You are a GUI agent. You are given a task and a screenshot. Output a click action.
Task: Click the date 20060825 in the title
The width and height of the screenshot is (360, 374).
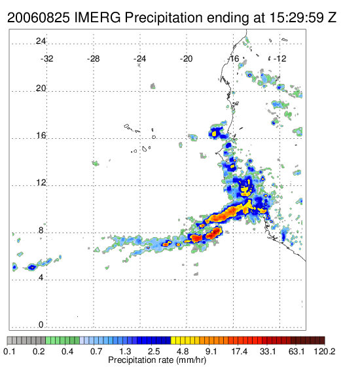click(x=39, y=18)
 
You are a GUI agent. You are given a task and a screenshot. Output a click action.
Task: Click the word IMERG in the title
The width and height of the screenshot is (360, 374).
click(x=98, y=18)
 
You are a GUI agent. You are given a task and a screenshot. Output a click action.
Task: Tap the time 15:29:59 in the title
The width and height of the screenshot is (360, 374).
click(x=297, y=18)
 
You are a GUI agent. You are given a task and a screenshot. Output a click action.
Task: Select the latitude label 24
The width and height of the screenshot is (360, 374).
click(x=41, y=41)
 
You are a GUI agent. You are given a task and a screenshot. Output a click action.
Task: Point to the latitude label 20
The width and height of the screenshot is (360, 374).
click(x=41, y=88)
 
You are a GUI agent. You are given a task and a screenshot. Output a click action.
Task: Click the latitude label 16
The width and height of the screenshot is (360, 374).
click(x=41, y=136)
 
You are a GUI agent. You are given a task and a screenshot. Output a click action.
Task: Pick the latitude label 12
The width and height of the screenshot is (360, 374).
click(x=41, y=183)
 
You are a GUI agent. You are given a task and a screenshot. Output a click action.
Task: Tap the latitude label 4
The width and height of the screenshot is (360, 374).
click(x=41, y=278)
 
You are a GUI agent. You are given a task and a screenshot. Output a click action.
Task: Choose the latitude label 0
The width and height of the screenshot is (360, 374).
click(x=41, y=325)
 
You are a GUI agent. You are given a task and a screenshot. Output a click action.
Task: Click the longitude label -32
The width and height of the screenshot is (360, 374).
click(x=46, y=59)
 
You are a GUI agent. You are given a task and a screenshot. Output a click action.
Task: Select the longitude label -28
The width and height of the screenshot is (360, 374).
click(x=93, y=59)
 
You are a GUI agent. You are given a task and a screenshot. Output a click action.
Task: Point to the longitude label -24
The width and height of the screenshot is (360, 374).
click(x=139, y=59)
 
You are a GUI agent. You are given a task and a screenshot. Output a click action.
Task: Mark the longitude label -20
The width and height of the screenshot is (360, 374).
click(x=186, y=59)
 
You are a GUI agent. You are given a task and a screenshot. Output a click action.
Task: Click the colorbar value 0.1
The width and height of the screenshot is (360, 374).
click(x=10, y=351)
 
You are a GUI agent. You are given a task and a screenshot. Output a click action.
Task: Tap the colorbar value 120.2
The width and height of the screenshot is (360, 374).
click(x=325, y=351)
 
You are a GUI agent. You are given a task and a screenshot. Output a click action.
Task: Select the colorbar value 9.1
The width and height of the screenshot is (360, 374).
click(x=211, y=351)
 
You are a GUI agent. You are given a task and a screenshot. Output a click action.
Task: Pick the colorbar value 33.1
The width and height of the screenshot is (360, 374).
click(x=268, y=351)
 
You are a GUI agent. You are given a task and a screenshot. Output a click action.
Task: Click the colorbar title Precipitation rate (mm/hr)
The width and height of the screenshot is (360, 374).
click(x=157, y=360)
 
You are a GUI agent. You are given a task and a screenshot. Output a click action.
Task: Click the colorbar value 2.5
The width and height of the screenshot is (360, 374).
click(x=154, y=351)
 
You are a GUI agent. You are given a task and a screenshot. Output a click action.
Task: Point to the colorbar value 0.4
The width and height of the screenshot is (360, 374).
click(x=67, y=351)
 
